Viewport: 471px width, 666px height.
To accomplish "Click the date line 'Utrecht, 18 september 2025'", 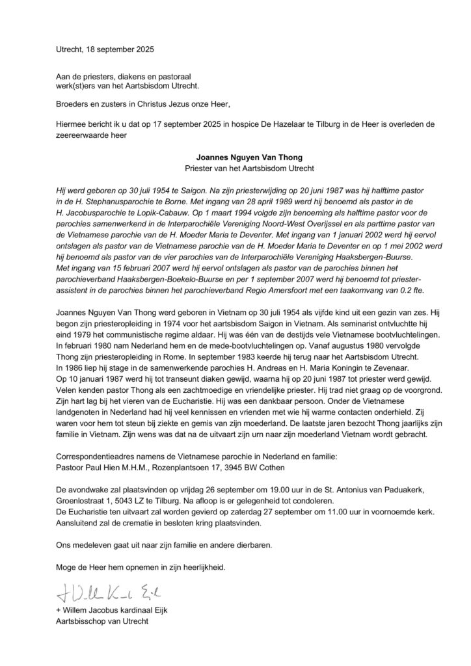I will [x=96, y=49].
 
